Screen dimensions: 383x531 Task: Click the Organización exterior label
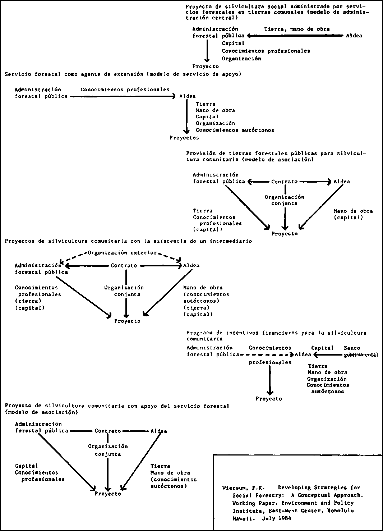tap(122, 253)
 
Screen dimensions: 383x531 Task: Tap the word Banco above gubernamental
tap(352, 348)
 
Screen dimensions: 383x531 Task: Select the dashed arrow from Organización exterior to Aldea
tap(170, 257)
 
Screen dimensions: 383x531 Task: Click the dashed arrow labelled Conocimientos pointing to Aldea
tap(267, 355)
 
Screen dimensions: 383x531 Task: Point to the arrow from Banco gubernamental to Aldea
tap(328, 355)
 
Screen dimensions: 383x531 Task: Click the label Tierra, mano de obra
tap(297, 29)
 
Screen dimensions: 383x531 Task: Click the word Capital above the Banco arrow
tap(322, 348)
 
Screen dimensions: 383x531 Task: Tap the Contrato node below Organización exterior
tap(124, 265)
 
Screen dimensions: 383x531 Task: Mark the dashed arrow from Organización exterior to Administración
tap(73, 258)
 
